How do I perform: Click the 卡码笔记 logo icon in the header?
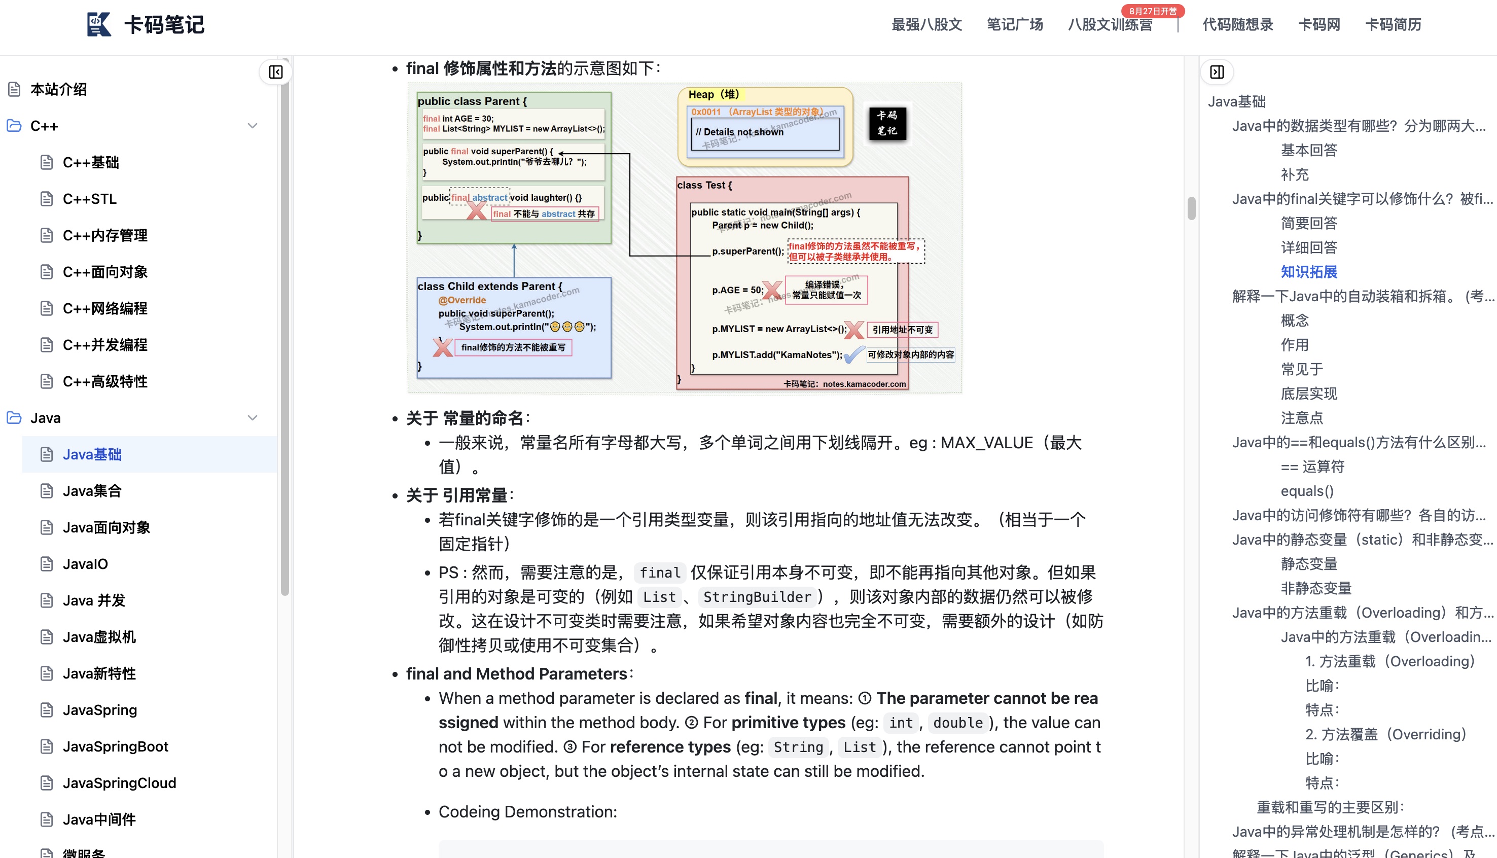pyautogui.click(x=98, y=24)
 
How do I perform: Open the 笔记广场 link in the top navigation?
pyautogui.click(x=1015, y=25)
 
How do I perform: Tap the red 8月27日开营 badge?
pyautogui.click(x=1152, y=11)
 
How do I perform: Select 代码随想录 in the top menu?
pyautogui.click(x=1237, y=25)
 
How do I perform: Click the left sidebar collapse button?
pyautogui.click(x=275, y=72)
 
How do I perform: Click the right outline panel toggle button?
pyautogui.click(x=1217, y=72)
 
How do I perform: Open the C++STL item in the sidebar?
pyautogui.click(x=90, y=199)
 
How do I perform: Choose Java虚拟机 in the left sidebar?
pyautogui.click(x=99, y=637)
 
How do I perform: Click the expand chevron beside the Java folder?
pyautogui.click(x=253, y=418)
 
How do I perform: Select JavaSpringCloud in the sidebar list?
pyautogui.click(x=119, y=783)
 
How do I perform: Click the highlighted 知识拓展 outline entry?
pyautogui.click(x=1308, y=272)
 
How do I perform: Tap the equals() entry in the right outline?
pyautogui.click(x=1307, y=491)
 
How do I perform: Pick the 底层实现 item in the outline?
pyautogui.click(x=1308, y=394)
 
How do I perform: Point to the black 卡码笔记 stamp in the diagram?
pyautogui.click(x=886, y=123)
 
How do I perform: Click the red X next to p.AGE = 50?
pyautogui.click(x=772, y=290)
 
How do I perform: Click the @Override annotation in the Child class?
pyautogui.click(x=462, y=300)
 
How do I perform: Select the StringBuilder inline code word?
pyautogui.click(x=757, y=597)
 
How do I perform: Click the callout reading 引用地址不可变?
pyautogui.click(x=902, y=330)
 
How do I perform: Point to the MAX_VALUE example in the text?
pyautogui.click(x=986, y=443)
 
